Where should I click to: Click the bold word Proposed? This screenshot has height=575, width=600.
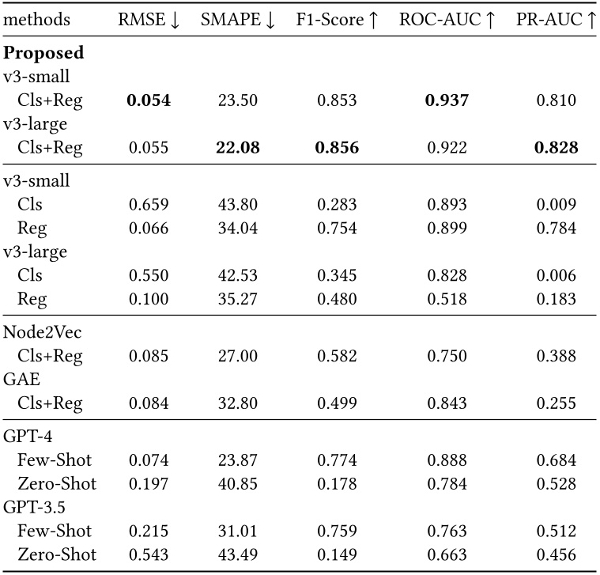44,54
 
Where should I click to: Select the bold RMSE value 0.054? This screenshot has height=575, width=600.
149,100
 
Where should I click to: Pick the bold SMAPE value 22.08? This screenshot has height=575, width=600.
237,147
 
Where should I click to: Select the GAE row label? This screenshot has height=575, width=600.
22,380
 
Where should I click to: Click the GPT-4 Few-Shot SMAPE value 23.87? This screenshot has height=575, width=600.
237,460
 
